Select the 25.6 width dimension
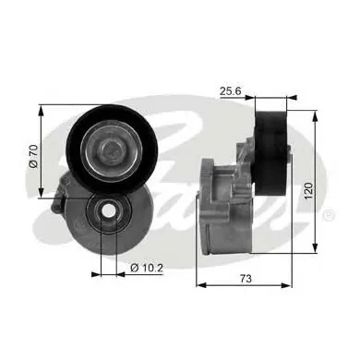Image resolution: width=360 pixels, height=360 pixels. (x=232, y=90)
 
